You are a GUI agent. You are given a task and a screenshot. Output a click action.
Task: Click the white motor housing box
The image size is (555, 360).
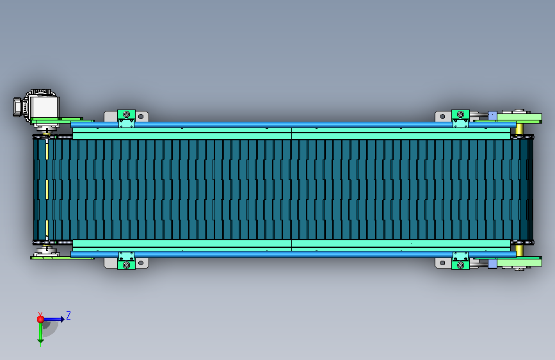45,108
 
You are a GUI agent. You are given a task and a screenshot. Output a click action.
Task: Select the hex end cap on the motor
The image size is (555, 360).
18,107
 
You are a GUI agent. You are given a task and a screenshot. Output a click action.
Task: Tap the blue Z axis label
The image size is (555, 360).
68,315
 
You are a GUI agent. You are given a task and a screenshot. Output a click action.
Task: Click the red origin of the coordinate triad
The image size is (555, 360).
40,319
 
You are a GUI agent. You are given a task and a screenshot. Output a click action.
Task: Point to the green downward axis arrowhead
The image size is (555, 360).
40,341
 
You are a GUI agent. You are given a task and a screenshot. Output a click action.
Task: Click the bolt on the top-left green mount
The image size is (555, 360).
126,115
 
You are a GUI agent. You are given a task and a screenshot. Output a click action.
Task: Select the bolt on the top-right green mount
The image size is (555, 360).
460,114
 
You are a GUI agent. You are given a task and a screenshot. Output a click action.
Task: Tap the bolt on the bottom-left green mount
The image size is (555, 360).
126,265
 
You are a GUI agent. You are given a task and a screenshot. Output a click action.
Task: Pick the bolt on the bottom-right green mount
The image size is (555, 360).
460,265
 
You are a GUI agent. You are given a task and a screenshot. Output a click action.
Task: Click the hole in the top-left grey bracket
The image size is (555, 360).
141,116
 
